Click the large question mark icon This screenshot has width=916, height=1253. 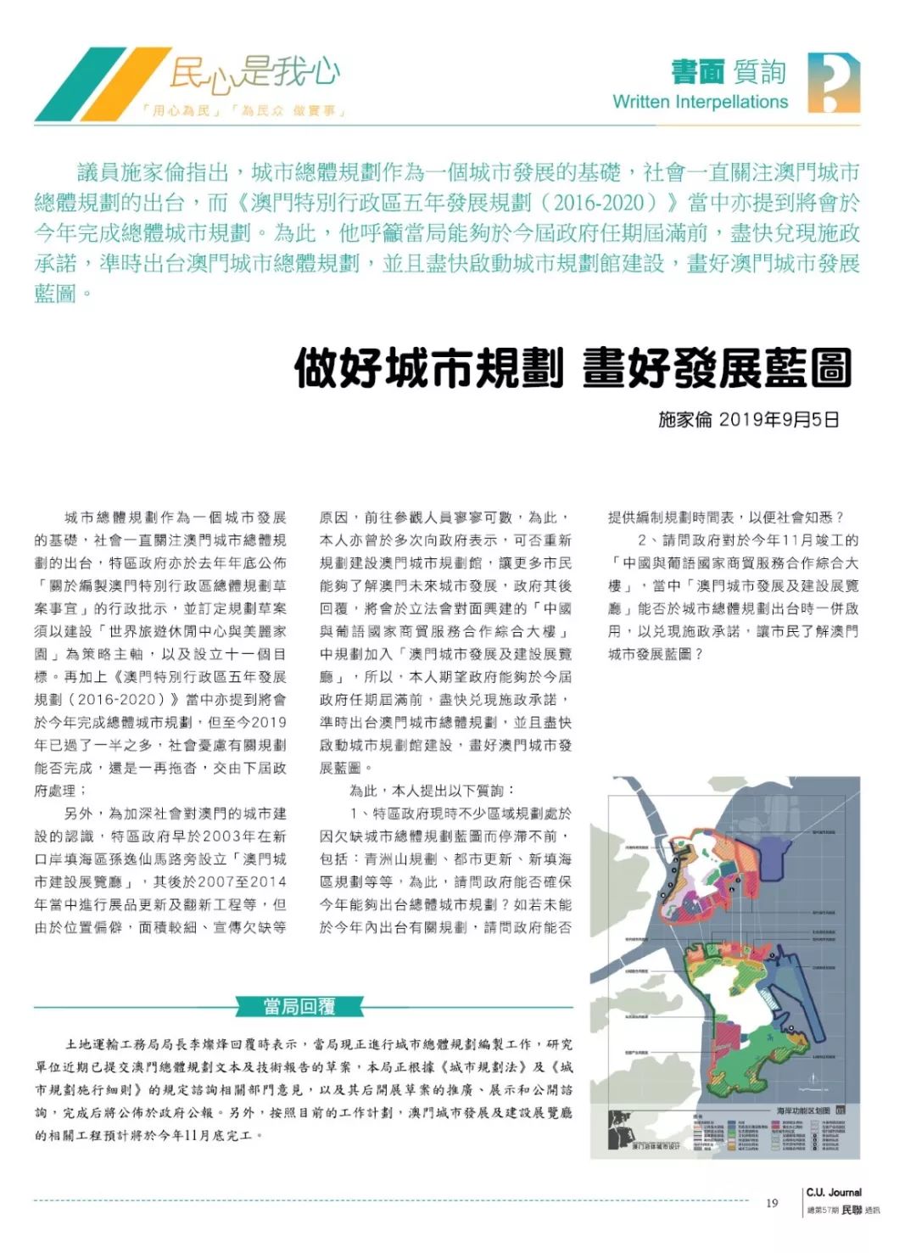[x=834, y=82]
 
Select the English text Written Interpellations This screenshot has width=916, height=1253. [x=700, y=102]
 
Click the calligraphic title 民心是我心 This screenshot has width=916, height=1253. [x=254, y=72]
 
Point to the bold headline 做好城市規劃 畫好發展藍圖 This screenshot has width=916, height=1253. [x=572, y=368]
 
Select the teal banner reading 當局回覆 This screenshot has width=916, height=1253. [x=299, y=1007]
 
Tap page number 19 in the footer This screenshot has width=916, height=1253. [x=772, y=1203]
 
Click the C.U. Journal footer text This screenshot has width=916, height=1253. [x=834, y=1192]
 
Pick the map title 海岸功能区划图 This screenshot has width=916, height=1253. [x=802, y=1110]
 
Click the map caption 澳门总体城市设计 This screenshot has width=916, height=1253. [x=656, y=1147]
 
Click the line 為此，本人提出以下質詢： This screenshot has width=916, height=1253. [x=432, y=791]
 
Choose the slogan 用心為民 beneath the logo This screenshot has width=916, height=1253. [x=181, y=111]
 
